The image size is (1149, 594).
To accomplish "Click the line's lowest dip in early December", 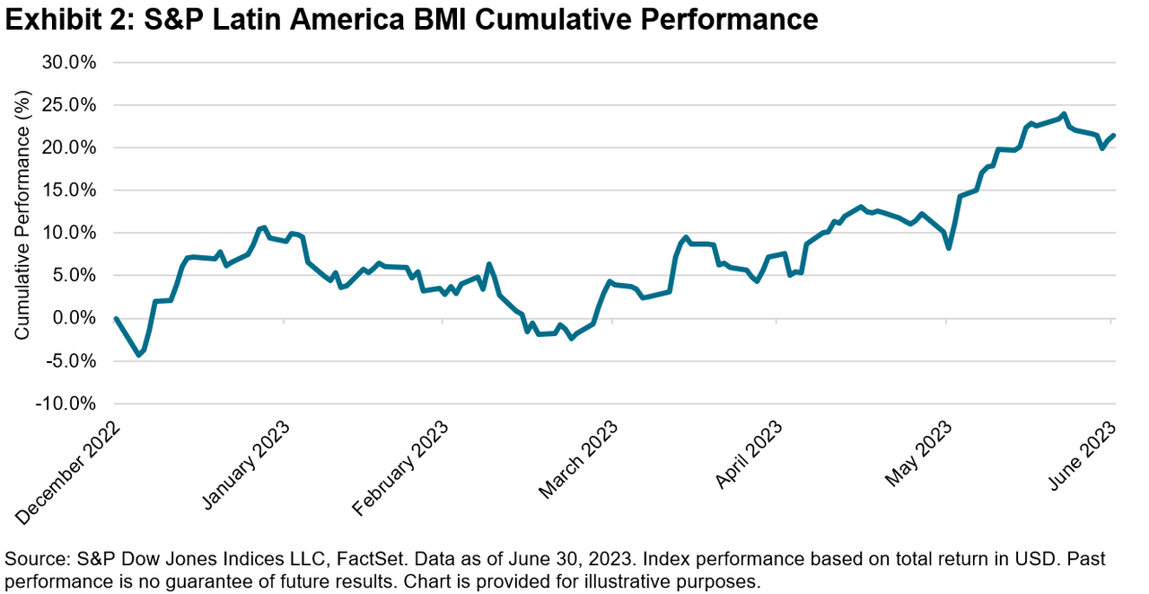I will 138,355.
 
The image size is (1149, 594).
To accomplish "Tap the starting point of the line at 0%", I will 117,318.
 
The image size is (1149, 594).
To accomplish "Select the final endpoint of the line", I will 1114,136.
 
